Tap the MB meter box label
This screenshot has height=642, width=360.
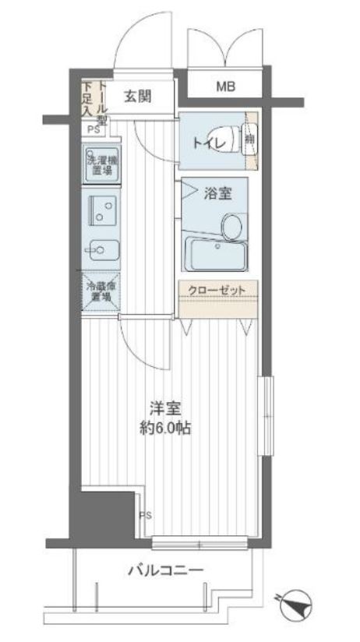pos(225,87)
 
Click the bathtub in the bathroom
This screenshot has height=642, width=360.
pos(216,253)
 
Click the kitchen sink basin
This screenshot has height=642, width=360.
pos(101,251)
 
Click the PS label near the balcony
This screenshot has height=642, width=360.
pos(145,515)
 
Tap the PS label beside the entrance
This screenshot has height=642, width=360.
pos(92,129)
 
